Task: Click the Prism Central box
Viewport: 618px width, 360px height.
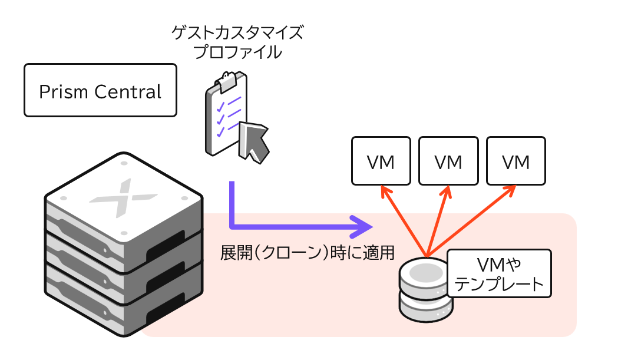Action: coord(100,90)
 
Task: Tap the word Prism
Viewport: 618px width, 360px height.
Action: coord(63,92)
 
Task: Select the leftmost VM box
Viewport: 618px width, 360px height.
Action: coord(381,161)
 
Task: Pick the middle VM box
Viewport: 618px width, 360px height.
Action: coord(448,161)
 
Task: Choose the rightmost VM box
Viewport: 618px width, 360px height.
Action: coord(516,161)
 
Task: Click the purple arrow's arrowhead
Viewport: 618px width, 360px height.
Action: coord(364,224)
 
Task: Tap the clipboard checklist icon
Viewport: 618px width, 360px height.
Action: coord(227,115)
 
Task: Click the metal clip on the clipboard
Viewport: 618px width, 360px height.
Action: coord(230,78)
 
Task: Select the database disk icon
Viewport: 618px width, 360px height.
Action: coord(425,289)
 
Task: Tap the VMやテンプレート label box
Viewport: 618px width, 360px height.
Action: coord(499,273)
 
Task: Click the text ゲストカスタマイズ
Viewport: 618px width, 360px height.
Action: coord(237,32)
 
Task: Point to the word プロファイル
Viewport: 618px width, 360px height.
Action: coord(237,52)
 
